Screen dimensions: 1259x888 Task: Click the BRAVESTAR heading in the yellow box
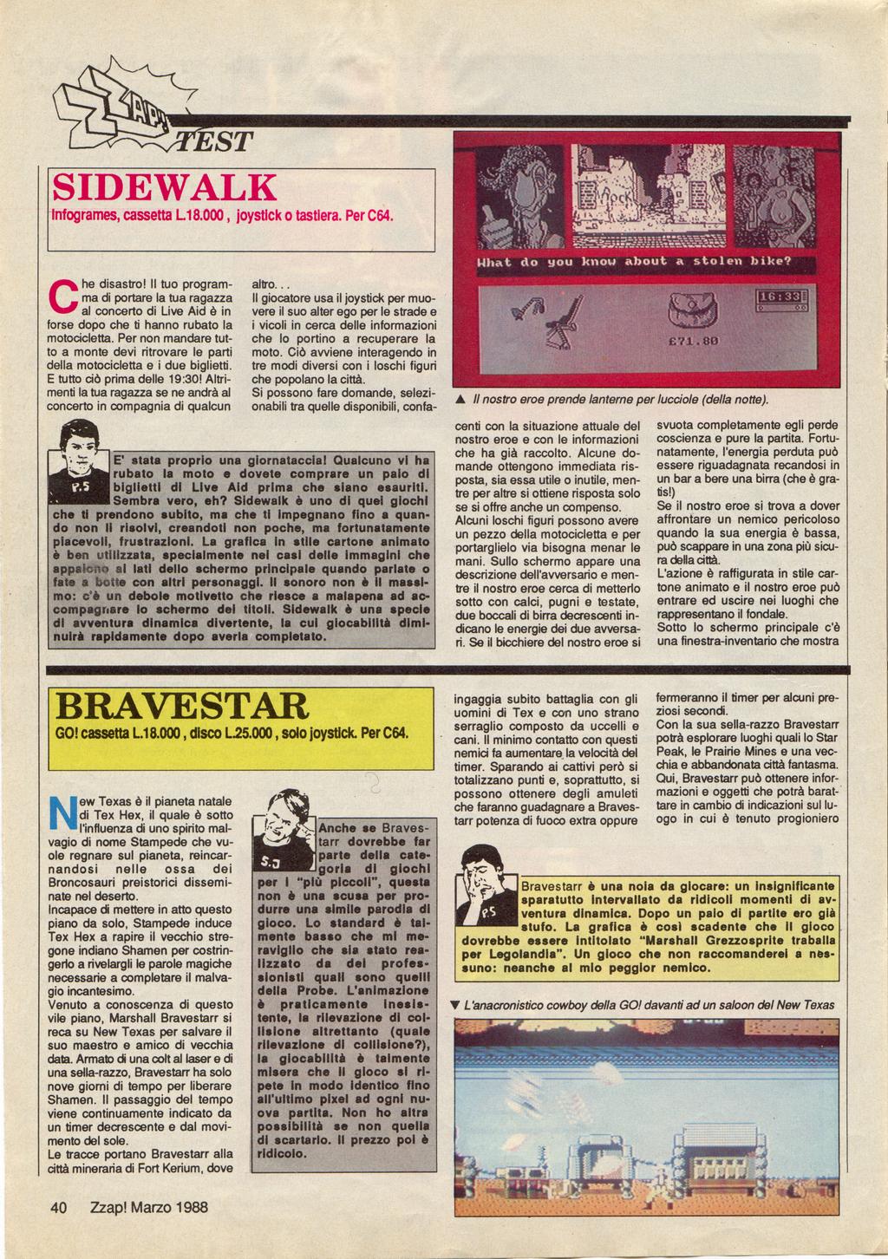pos(181,707)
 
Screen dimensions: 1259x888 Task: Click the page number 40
pos(59,1207)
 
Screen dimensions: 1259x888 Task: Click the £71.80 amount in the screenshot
pos(693,341)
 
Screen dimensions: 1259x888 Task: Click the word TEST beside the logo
pos(215,140)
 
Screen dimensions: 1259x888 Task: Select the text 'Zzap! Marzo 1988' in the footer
pos(148,1207)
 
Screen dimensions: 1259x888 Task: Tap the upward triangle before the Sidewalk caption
pos(460,399)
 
